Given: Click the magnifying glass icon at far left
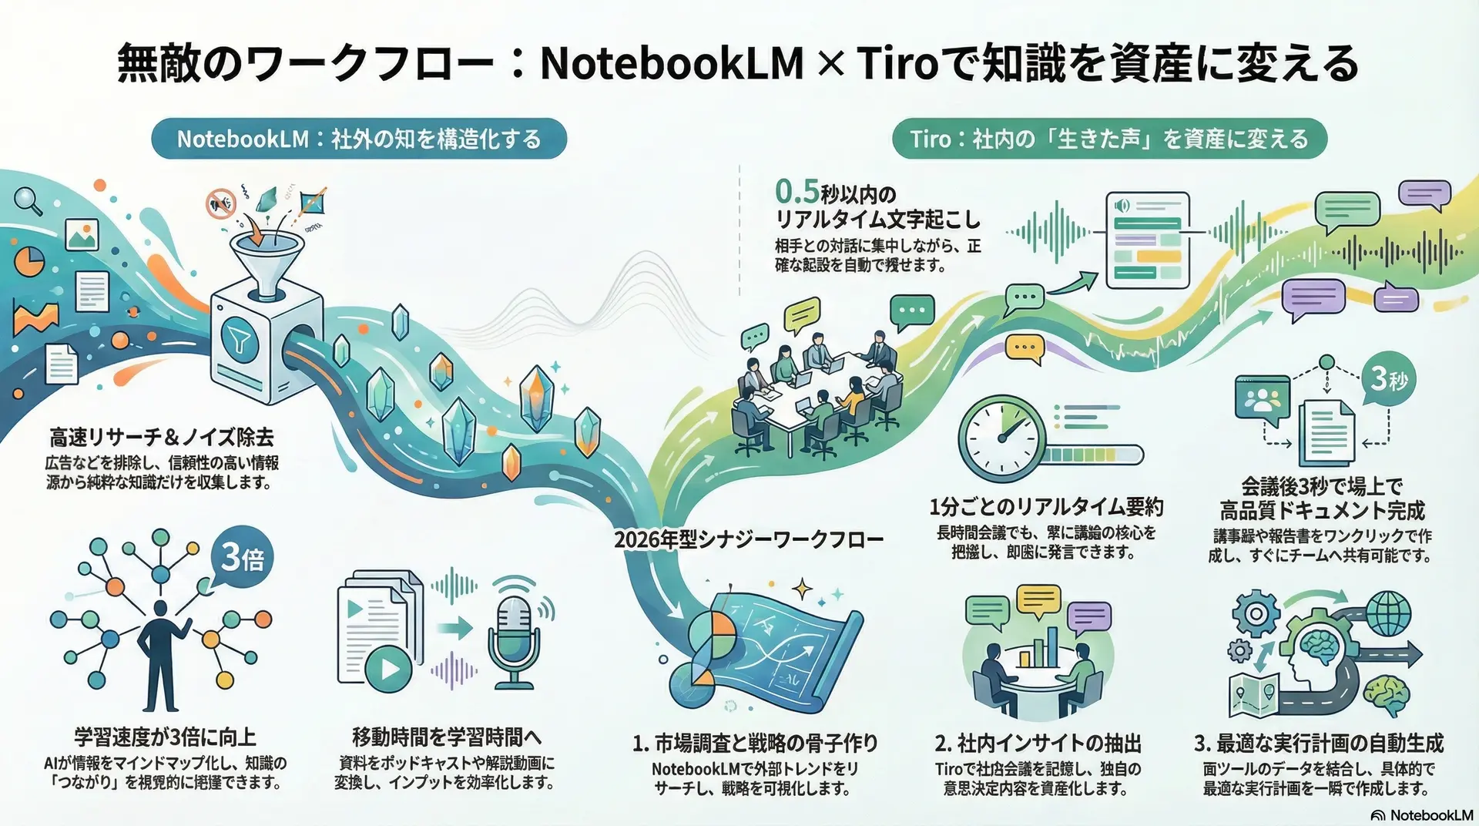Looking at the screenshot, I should coord(28,200).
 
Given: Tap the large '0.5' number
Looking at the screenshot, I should coord(797,192).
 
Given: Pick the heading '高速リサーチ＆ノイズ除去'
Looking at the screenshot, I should coord(162,438).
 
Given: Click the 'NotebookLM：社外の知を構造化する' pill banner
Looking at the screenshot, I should coord(359,139).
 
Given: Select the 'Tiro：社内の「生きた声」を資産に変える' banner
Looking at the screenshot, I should coord(1109,139).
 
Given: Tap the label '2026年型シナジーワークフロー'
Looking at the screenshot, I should coord(748,539).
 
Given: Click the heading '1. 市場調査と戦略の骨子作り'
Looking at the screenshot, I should coord(755,744).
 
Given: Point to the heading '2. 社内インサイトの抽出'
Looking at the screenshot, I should coord(1038,744).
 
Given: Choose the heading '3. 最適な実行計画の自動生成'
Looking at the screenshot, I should coord(1319,744).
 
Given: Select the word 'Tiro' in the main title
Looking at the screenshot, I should coord(897,63).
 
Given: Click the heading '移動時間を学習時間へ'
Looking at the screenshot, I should coord(447,737).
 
